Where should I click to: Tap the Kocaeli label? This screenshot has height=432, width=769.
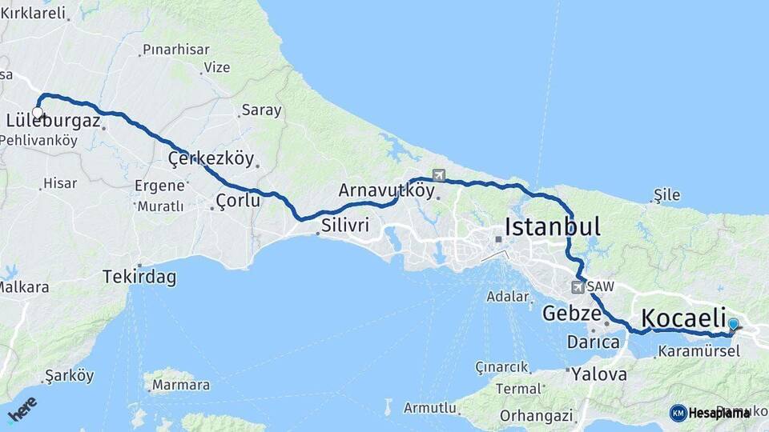pyautogui.click(x=683, y=316)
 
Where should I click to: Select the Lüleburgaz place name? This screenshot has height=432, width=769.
pyautogui.click(x=53, y=122)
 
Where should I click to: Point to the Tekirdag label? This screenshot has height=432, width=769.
pyautogui.click(x=139, y=278)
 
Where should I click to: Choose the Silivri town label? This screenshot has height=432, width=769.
pyautogui.click(x=345, y=225)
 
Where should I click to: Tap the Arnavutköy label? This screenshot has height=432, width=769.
pyautogui.click(x=386, y=190)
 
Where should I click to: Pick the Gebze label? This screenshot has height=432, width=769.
pyautogui.click(x=571, y=313)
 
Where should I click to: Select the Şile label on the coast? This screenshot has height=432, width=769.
pyautogui.click(x=666, y=194)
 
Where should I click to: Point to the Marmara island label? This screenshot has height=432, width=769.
pyautogui.click(x=180, y=385)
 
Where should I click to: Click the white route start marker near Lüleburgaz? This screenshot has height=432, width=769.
pyautogui.click(x=38, y=113)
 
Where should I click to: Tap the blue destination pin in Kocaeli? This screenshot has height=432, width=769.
pyautogui.click(x=733, y=325)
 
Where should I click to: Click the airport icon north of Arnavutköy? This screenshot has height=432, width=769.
pyautogui.click(x=438, y=175)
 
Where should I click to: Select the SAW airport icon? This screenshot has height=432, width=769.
pyautogui.click(x=578, y=286)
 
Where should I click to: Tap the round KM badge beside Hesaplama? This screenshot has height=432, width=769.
pyautogui.click(x=678, y=413)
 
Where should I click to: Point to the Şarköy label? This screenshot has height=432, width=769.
pyautogui.click(x=69, y=375)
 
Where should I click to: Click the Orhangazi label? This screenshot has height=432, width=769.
pyautogui.click(x=536, y=415)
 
